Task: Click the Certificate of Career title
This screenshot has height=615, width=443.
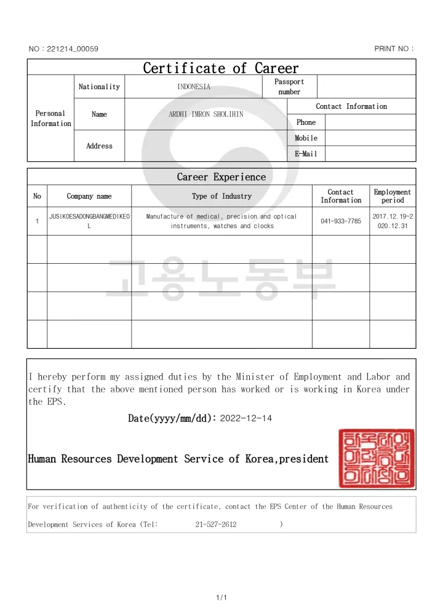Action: (x=221, y=68)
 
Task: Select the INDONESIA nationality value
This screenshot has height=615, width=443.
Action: (x=194, y=87)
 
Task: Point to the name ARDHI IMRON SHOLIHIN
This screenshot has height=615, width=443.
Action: (x=206, y=114)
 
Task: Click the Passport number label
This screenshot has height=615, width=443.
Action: (x=289, y=87)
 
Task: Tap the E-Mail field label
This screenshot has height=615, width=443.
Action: (x=306, y=154)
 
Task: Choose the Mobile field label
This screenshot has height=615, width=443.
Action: (x=306, y=138)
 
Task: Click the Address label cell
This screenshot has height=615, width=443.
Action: (x=99, y=146)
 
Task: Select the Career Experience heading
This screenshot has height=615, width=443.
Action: (x=221, y=177)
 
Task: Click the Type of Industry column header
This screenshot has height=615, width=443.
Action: (x=221, y=196)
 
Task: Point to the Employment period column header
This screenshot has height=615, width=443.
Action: (x=393, y=196)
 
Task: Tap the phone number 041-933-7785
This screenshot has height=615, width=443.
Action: (x=341, y=221)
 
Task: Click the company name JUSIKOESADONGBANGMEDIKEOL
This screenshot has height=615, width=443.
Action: (x=89, y=221)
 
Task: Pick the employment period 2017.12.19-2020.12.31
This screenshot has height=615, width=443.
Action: (x=393, y=221)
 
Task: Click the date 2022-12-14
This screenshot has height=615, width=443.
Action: (x=245, y=418)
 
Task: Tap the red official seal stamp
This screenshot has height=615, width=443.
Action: (x=376, y=459)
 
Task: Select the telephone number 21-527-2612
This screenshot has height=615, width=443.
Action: (x=216, y=525)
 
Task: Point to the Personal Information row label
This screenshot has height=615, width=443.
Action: (x=50, y=119)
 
